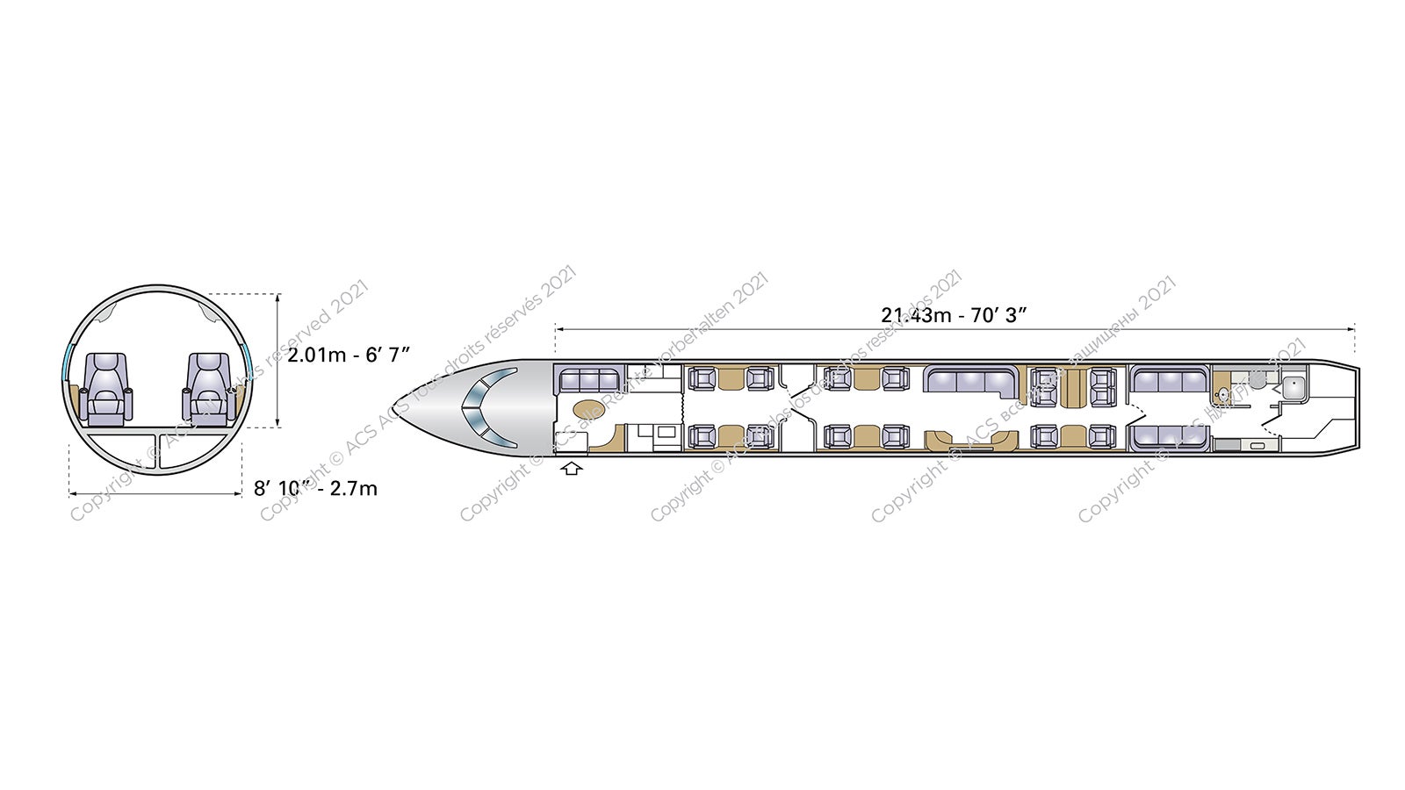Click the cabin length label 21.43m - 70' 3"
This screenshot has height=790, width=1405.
coord(954,314)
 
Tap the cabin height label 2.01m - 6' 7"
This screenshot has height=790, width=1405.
coord(349,355)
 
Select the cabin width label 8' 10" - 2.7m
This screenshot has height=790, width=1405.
coord(315,488)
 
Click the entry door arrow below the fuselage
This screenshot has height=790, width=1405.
coord(572,469)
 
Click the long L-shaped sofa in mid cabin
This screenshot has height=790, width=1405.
coord(971,380)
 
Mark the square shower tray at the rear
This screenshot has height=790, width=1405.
coord(1292,386)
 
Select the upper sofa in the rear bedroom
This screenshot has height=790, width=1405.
coord(1169,379)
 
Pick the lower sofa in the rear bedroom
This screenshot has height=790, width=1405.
coord(1169,436)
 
